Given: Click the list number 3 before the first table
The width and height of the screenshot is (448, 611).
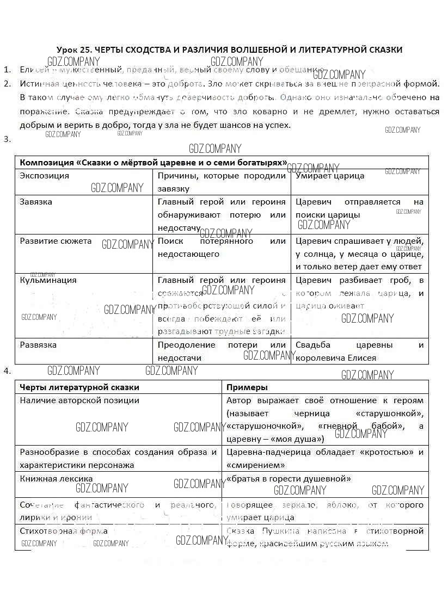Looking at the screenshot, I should pos(7,139).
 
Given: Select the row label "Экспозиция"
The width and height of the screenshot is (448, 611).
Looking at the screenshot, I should pos(45,176).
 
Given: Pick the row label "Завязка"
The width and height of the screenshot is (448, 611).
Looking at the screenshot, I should pos(36,202).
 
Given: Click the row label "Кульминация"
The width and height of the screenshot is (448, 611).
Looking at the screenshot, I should pos(48,280).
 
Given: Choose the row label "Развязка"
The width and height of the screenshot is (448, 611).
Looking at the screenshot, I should pos(38,345).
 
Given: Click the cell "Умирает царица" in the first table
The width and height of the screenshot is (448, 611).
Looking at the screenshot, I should pos(330,176).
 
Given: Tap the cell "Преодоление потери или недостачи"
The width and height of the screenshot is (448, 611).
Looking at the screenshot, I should pos(221,351).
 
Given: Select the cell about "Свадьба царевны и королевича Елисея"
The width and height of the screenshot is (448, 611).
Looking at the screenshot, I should pos(359,351).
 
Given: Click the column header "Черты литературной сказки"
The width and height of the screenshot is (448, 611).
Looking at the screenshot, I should pos(79,387).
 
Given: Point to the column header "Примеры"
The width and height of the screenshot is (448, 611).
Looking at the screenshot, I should pos(247,387).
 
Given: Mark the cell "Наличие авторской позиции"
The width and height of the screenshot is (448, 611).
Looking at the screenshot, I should pos(79,400).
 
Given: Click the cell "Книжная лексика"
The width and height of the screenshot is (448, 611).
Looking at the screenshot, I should pos(56,479).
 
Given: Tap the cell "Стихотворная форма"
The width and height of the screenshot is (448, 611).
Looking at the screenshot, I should pos(64,530).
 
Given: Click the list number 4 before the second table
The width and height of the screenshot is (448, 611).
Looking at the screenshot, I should pos(7,371).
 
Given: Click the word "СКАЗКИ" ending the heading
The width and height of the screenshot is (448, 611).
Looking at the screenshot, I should pos(384,50).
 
